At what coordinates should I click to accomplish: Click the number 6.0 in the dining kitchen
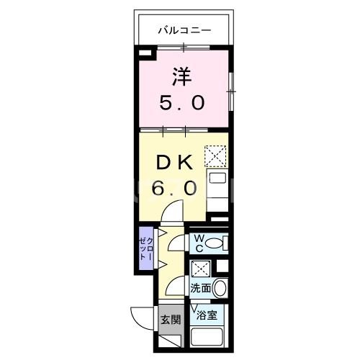[174, 189]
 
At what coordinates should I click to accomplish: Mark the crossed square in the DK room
[215, 156]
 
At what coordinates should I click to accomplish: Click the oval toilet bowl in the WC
[218, 243]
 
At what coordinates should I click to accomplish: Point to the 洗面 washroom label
[200, 289]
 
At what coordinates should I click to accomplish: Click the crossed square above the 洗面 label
[201, 269]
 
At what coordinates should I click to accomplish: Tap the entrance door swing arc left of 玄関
[140, 317]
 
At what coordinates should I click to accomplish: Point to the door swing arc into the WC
[176, 245]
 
